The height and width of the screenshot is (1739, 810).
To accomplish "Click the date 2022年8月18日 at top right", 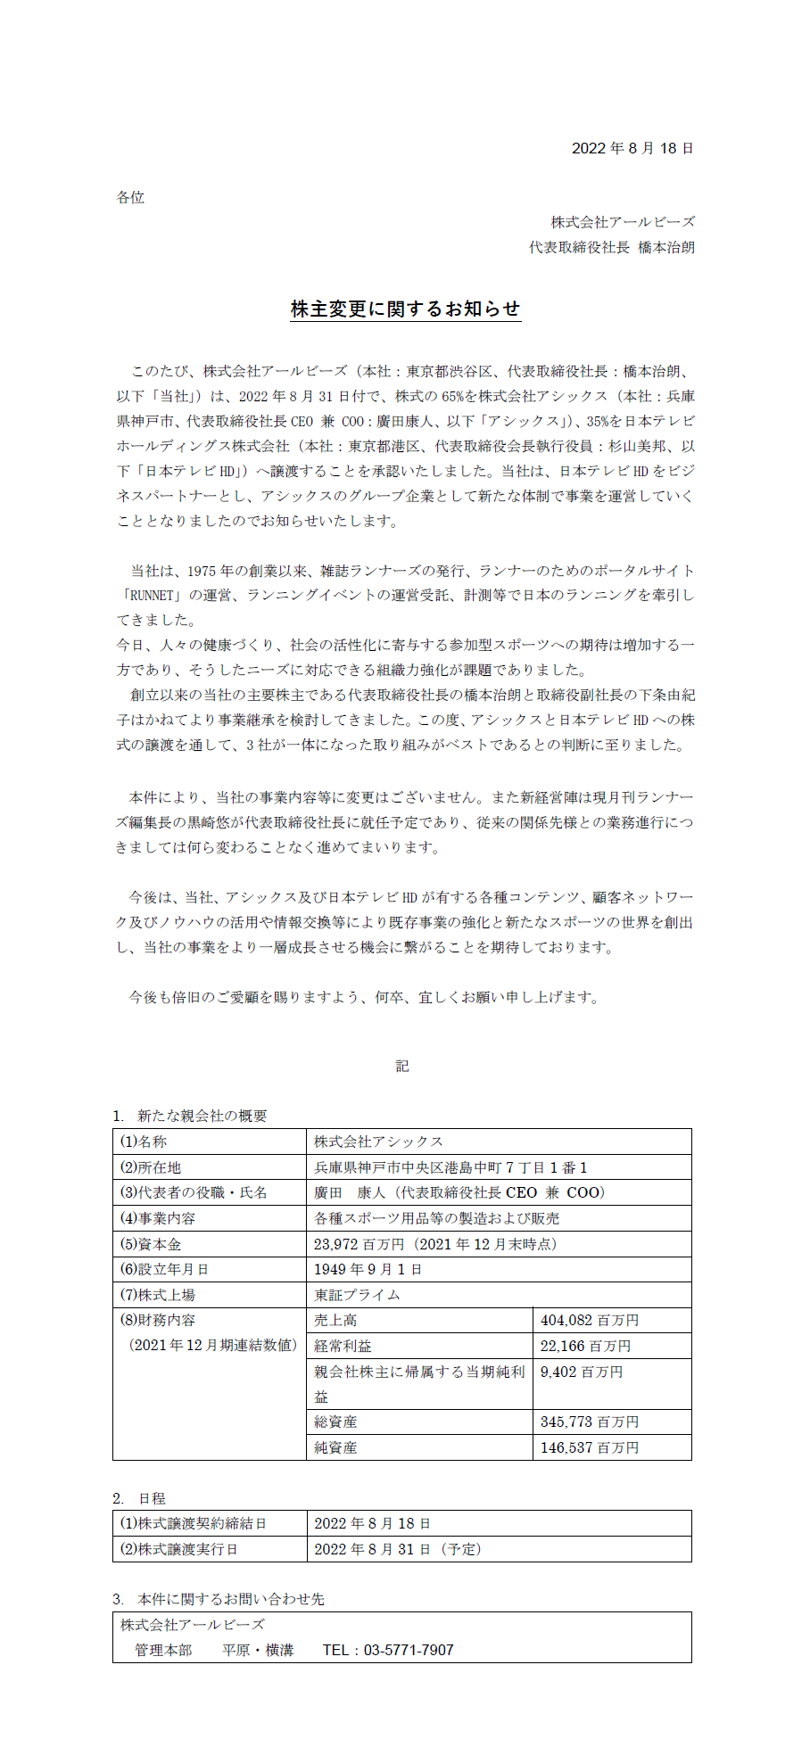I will [632, 148].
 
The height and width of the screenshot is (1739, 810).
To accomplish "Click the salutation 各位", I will [130, 197].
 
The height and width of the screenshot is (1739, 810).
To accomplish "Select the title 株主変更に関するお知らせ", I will [405, 309].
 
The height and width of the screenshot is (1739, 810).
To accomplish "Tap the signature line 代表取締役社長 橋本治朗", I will [611, 247].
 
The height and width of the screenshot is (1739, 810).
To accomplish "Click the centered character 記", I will [402, 1066].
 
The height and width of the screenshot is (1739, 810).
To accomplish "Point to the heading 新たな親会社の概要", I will [202, 1116].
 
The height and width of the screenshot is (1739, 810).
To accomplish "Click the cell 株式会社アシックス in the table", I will [378, 1141].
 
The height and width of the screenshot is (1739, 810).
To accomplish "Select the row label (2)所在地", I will [151, 1167].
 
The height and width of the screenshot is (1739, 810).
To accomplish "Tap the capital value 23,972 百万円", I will [359, 1244].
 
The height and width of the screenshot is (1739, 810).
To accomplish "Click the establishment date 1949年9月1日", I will [368, 1269].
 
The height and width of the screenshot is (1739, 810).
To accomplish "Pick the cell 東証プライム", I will [357, 1295].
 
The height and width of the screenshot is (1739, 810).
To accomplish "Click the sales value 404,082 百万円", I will [590, 1320].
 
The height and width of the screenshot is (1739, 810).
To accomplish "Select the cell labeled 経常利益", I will [343, 1346].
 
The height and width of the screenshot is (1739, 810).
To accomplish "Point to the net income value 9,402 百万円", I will [582, 1372].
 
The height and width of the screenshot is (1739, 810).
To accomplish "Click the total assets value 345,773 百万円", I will [590, 1422].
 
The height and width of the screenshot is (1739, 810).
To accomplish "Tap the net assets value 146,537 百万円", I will [590, 1447].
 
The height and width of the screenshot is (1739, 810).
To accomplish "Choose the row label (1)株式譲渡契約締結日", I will [194, 1523].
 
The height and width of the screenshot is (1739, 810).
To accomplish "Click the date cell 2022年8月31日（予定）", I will [398, 1549].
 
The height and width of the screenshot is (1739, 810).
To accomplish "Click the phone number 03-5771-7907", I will [409, 1650].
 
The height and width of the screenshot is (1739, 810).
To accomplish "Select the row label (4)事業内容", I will [158, 1218].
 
